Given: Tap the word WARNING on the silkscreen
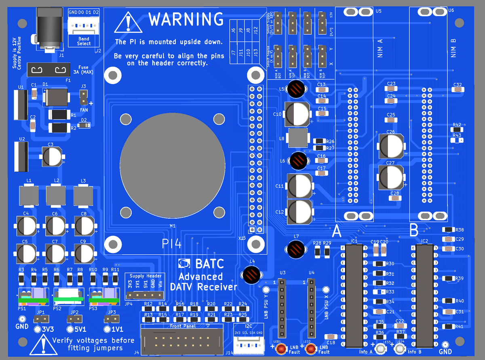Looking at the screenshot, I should pyautogui.click(x=186, y=19).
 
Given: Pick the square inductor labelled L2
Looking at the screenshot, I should pyautogui.click(x=56, y=196).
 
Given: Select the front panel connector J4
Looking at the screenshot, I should pyautogui.click(x=181, y=339).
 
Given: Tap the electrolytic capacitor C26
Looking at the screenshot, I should pyautogui.click(x=391, y=146).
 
